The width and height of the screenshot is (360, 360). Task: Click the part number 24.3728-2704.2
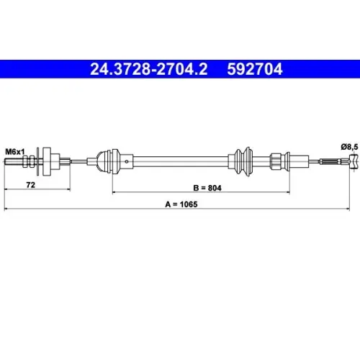coord(149,69)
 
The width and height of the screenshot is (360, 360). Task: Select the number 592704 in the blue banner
coord(255,69)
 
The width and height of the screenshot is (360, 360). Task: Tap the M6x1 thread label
coord(15,152)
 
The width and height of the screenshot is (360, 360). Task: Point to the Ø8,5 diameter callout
coord(349,147)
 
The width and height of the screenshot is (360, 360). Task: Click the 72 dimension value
coord(30,185)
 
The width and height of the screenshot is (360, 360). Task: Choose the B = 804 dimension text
coord(207,188)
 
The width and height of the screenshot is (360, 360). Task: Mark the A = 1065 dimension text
coord(181,204)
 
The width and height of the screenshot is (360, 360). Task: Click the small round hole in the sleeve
coord(127,161)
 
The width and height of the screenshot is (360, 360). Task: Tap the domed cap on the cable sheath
coord(102,161)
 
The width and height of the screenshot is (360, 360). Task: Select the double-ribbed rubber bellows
coord(244,161)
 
